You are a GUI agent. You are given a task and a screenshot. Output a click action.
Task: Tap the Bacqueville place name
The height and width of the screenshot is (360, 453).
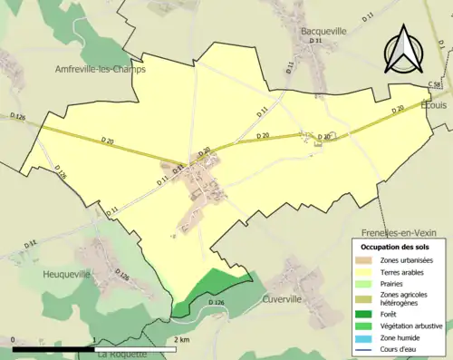click(x=323, y=30)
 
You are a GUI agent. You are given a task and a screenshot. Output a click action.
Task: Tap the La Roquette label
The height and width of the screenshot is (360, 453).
click(x=121, y=354)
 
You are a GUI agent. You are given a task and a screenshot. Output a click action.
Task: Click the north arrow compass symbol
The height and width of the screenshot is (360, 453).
click(x=403, y=50)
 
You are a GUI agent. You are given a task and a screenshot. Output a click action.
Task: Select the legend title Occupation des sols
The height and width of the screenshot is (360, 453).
click(x=395, y=247)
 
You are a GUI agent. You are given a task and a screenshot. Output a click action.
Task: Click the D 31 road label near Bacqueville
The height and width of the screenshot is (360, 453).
click(x=317, y=42)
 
